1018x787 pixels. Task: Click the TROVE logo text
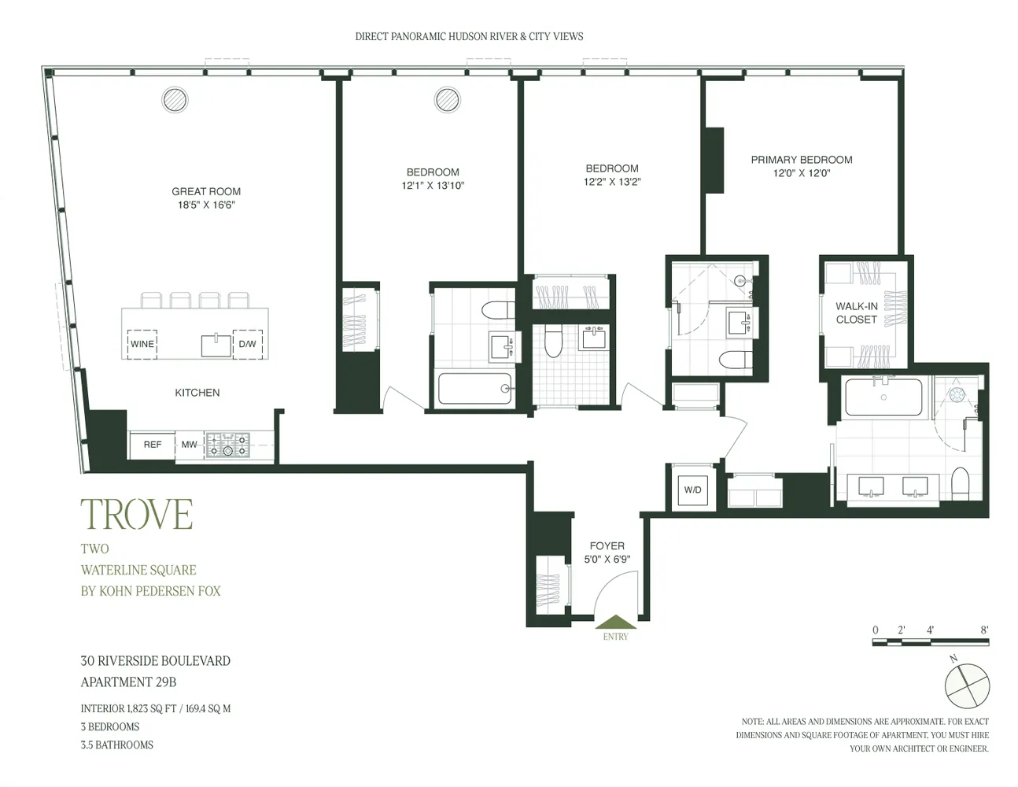click(136, 515)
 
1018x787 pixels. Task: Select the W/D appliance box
click(692, 490)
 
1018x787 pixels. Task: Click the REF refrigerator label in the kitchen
click(153, 445)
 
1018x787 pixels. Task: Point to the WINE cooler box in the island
click(142, 344)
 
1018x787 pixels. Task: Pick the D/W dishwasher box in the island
click(247, 344)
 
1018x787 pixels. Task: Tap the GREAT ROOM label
click(206, 191)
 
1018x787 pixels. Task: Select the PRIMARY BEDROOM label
click(801, 160)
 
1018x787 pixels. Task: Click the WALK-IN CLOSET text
click(856, 312)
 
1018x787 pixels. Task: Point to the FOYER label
click(607, 545)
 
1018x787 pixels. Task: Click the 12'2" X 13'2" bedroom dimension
click(612, 182)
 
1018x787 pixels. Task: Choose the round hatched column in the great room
click(175, 100)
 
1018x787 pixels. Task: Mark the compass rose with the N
click(967, 685)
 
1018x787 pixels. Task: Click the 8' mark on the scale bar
click(984, 630)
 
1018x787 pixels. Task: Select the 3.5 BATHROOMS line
click(116, 745)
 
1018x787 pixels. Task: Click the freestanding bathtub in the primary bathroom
click(883, 397)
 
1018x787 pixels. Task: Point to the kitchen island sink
click(215, 345)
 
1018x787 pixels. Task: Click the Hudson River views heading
click(469, 36)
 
